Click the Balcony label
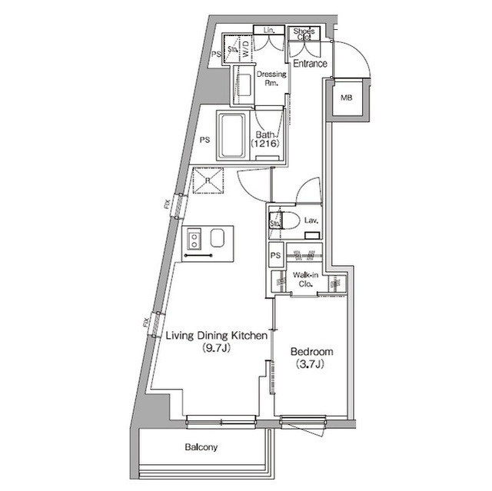(x=201, y=447)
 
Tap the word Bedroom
(x=311, y=352)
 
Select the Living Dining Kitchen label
(x=217, y=336)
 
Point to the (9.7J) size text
(x=217, y=348)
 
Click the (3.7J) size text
(x=311, y=364)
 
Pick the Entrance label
(x=311, y=64)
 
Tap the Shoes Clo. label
(x=304, y=34)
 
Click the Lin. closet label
(x=269, y=30)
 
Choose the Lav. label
(x=311, y=221)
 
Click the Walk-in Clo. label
(x=305, y=280)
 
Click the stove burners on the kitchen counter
(x=194, y=239)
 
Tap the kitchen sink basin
(x=218, y=239)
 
